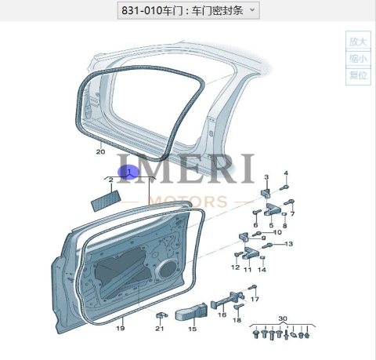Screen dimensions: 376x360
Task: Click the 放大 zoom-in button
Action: click(358, 42)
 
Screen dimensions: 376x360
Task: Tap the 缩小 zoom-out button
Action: click(358, 59)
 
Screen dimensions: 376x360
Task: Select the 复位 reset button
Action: click(358, 76)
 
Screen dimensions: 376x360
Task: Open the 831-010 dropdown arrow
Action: click(252, 9)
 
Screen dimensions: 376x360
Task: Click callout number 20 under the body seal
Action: click(100, 151)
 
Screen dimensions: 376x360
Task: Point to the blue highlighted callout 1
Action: click(128, 172)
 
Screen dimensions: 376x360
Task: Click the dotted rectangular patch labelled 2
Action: click(106, 201)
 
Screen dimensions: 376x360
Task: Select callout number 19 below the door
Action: click(120, 328)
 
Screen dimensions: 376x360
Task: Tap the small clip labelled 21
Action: click(161, 315)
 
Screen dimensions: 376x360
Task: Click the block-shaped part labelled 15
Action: click(191, 311)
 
